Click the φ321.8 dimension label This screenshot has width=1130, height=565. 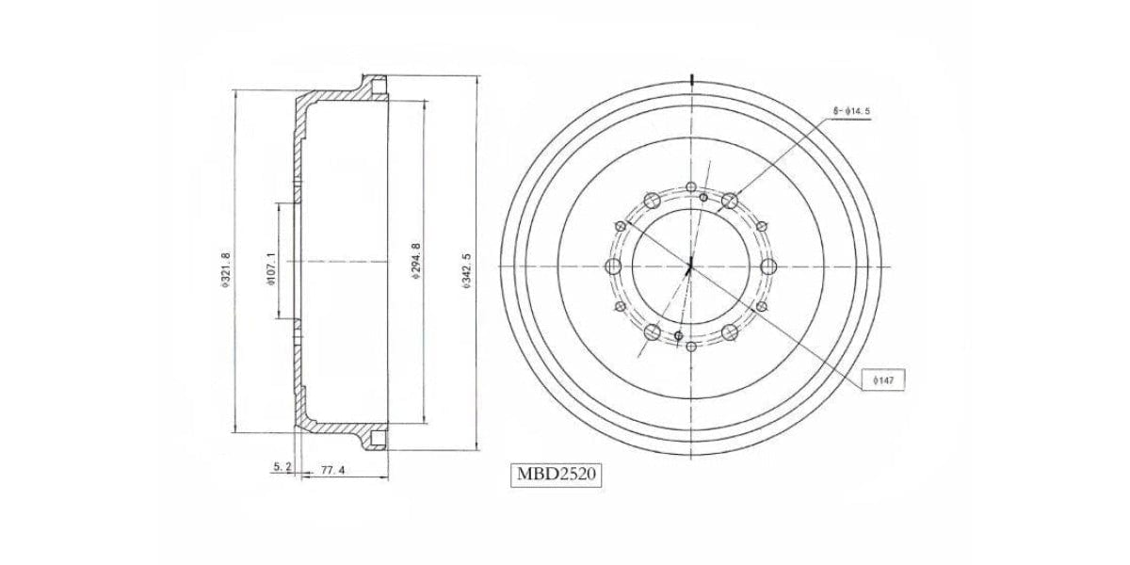tap(225, 270)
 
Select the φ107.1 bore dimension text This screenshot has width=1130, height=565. tap(270, 269)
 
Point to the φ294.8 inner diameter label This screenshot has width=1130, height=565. tap(415, 261)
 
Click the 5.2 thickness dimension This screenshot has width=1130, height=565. tap(282, 467)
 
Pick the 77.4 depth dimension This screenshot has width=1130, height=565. tap(333, 470)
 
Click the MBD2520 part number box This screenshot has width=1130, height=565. tap(557, 475)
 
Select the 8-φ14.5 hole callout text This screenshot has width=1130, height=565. tap(851, 111)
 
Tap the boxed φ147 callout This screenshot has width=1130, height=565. tap(883, 380)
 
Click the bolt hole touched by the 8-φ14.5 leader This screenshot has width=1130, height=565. tap(730, 201)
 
